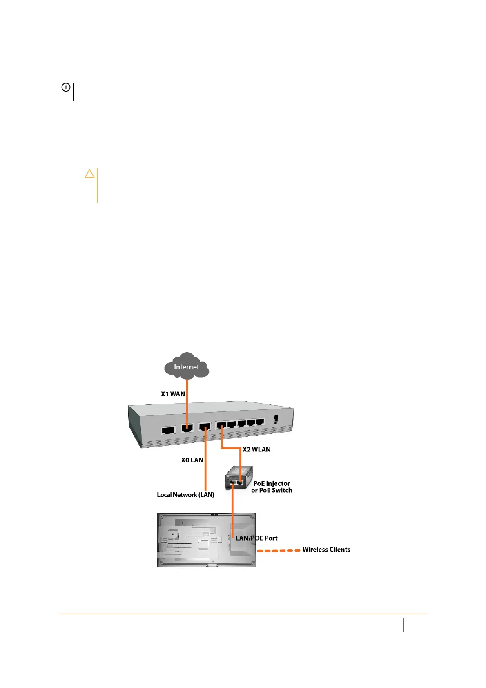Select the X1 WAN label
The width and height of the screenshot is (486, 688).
point(173,394)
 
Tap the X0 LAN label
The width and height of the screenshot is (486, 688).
point(192,460)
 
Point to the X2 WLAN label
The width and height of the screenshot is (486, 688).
point(256,449)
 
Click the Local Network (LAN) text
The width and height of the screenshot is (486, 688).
point(185,495)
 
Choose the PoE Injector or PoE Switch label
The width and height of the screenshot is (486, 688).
point(272,487)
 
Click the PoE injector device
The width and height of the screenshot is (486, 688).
point(238,478)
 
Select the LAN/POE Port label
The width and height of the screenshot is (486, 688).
point(256,538)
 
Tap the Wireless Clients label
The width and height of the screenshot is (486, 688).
point(326,550)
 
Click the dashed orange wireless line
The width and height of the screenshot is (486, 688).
point(279,551)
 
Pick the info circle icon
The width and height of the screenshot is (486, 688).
point(66,87)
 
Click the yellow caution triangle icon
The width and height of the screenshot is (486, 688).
point(89,174)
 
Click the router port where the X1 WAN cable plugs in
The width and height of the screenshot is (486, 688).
point(187,429)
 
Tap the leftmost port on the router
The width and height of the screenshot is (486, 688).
point(168,430)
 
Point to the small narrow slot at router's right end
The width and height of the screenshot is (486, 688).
point(276,420)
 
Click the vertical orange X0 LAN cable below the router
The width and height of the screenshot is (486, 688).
point(205,470)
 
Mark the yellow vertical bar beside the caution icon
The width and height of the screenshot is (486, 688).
point(97,186)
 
